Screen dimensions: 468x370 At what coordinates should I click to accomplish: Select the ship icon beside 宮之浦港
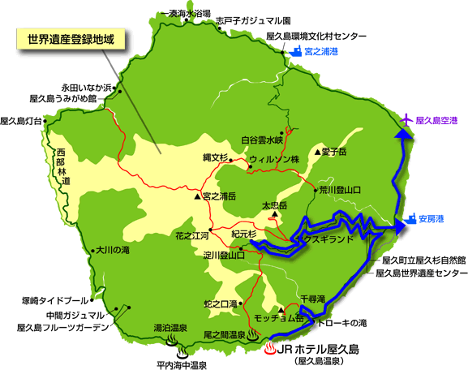(x=294, y=50)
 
